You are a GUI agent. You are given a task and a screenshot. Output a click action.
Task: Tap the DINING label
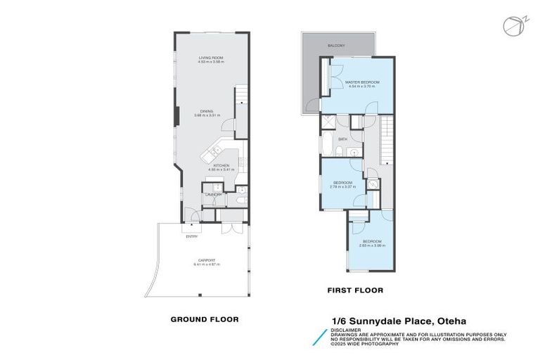tap(206, 111)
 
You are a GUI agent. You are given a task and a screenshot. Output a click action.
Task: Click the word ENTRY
tap(191, 236)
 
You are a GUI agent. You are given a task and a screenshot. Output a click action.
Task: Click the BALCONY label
tap(336, 46)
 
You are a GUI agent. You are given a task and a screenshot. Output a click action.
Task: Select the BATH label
tap(342, 139)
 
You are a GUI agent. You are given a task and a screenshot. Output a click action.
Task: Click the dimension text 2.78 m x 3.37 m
tap(343, 187)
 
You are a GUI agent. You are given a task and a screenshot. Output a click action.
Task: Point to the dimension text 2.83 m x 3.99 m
tap(371, 245)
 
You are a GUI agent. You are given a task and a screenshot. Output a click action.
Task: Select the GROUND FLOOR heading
tap(205, 319)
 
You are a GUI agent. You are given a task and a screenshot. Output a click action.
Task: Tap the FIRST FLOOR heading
tap(355, 290)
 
